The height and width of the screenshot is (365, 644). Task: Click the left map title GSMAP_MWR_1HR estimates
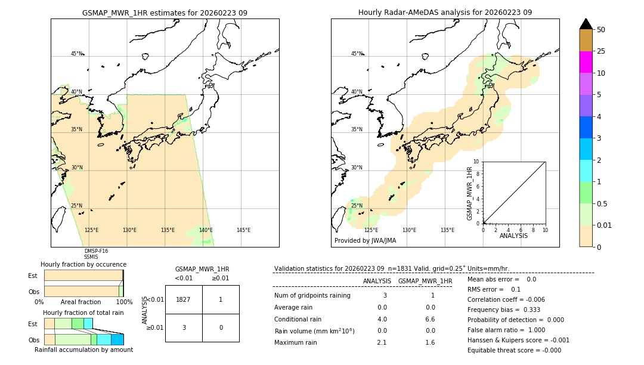[x=165, y=13]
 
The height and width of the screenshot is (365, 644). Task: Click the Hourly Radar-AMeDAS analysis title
[x=445, y=13]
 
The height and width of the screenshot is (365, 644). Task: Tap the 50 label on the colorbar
[x=601, y=30]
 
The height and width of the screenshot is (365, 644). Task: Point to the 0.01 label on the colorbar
[x=605, y=225]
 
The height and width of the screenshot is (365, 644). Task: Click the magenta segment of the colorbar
[x=586, y=62]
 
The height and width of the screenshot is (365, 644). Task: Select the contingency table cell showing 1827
[x=184, y=299]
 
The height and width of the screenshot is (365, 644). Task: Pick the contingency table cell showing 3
[x=184, y=327]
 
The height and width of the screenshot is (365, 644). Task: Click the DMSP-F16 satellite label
[x=96, y=251]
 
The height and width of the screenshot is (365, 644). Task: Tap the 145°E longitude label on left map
[x=243, y=230]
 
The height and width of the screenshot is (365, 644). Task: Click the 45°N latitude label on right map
[x=357, y=54]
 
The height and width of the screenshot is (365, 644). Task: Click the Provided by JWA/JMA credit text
[x=365, y=240]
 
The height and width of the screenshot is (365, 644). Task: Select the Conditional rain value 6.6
[x=430, y=319]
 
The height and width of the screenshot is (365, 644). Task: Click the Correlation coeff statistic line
[x=506, y=299]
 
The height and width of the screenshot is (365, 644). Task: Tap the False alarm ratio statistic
[x=506, y=330]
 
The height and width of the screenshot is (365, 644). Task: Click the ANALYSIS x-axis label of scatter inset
[x=514, y=236]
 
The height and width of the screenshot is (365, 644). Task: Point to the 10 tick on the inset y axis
[x=476, y=162]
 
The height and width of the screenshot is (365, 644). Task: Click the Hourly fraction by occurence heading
[x=83, y=264]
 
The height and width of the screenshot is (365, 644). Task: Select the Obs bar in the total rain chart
[x=83, y=339]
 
